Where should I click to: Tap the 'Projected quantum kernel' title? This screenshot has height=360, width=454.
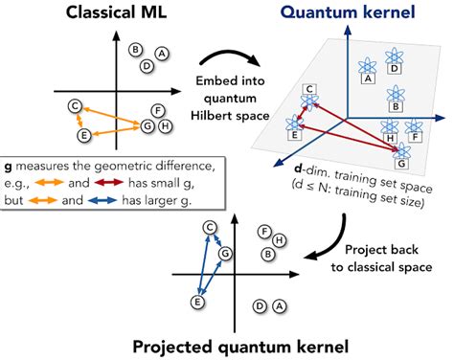pyautogui.click(x=227, y=346)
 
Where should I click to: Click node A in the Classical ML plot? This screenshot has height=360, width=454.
pyautogui.click(x=162, y=55)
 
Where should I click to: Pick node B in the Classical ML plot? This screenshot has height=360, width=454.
pyautogui.click(x=136, y=50)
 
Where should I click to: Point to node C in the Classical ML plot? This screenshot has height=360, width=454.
pyautogui.click(x=73, y=106)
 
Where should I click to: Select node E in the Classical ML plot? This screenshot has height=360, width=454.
pyautogui.click(x=84, y=136)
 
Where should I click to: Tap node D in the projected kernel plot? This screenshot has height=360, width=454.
pyautogui.click(x=261, y=306)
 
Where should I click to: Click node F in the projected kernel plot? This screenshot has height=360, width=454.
pyautogui.click(x=264, y=231)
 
